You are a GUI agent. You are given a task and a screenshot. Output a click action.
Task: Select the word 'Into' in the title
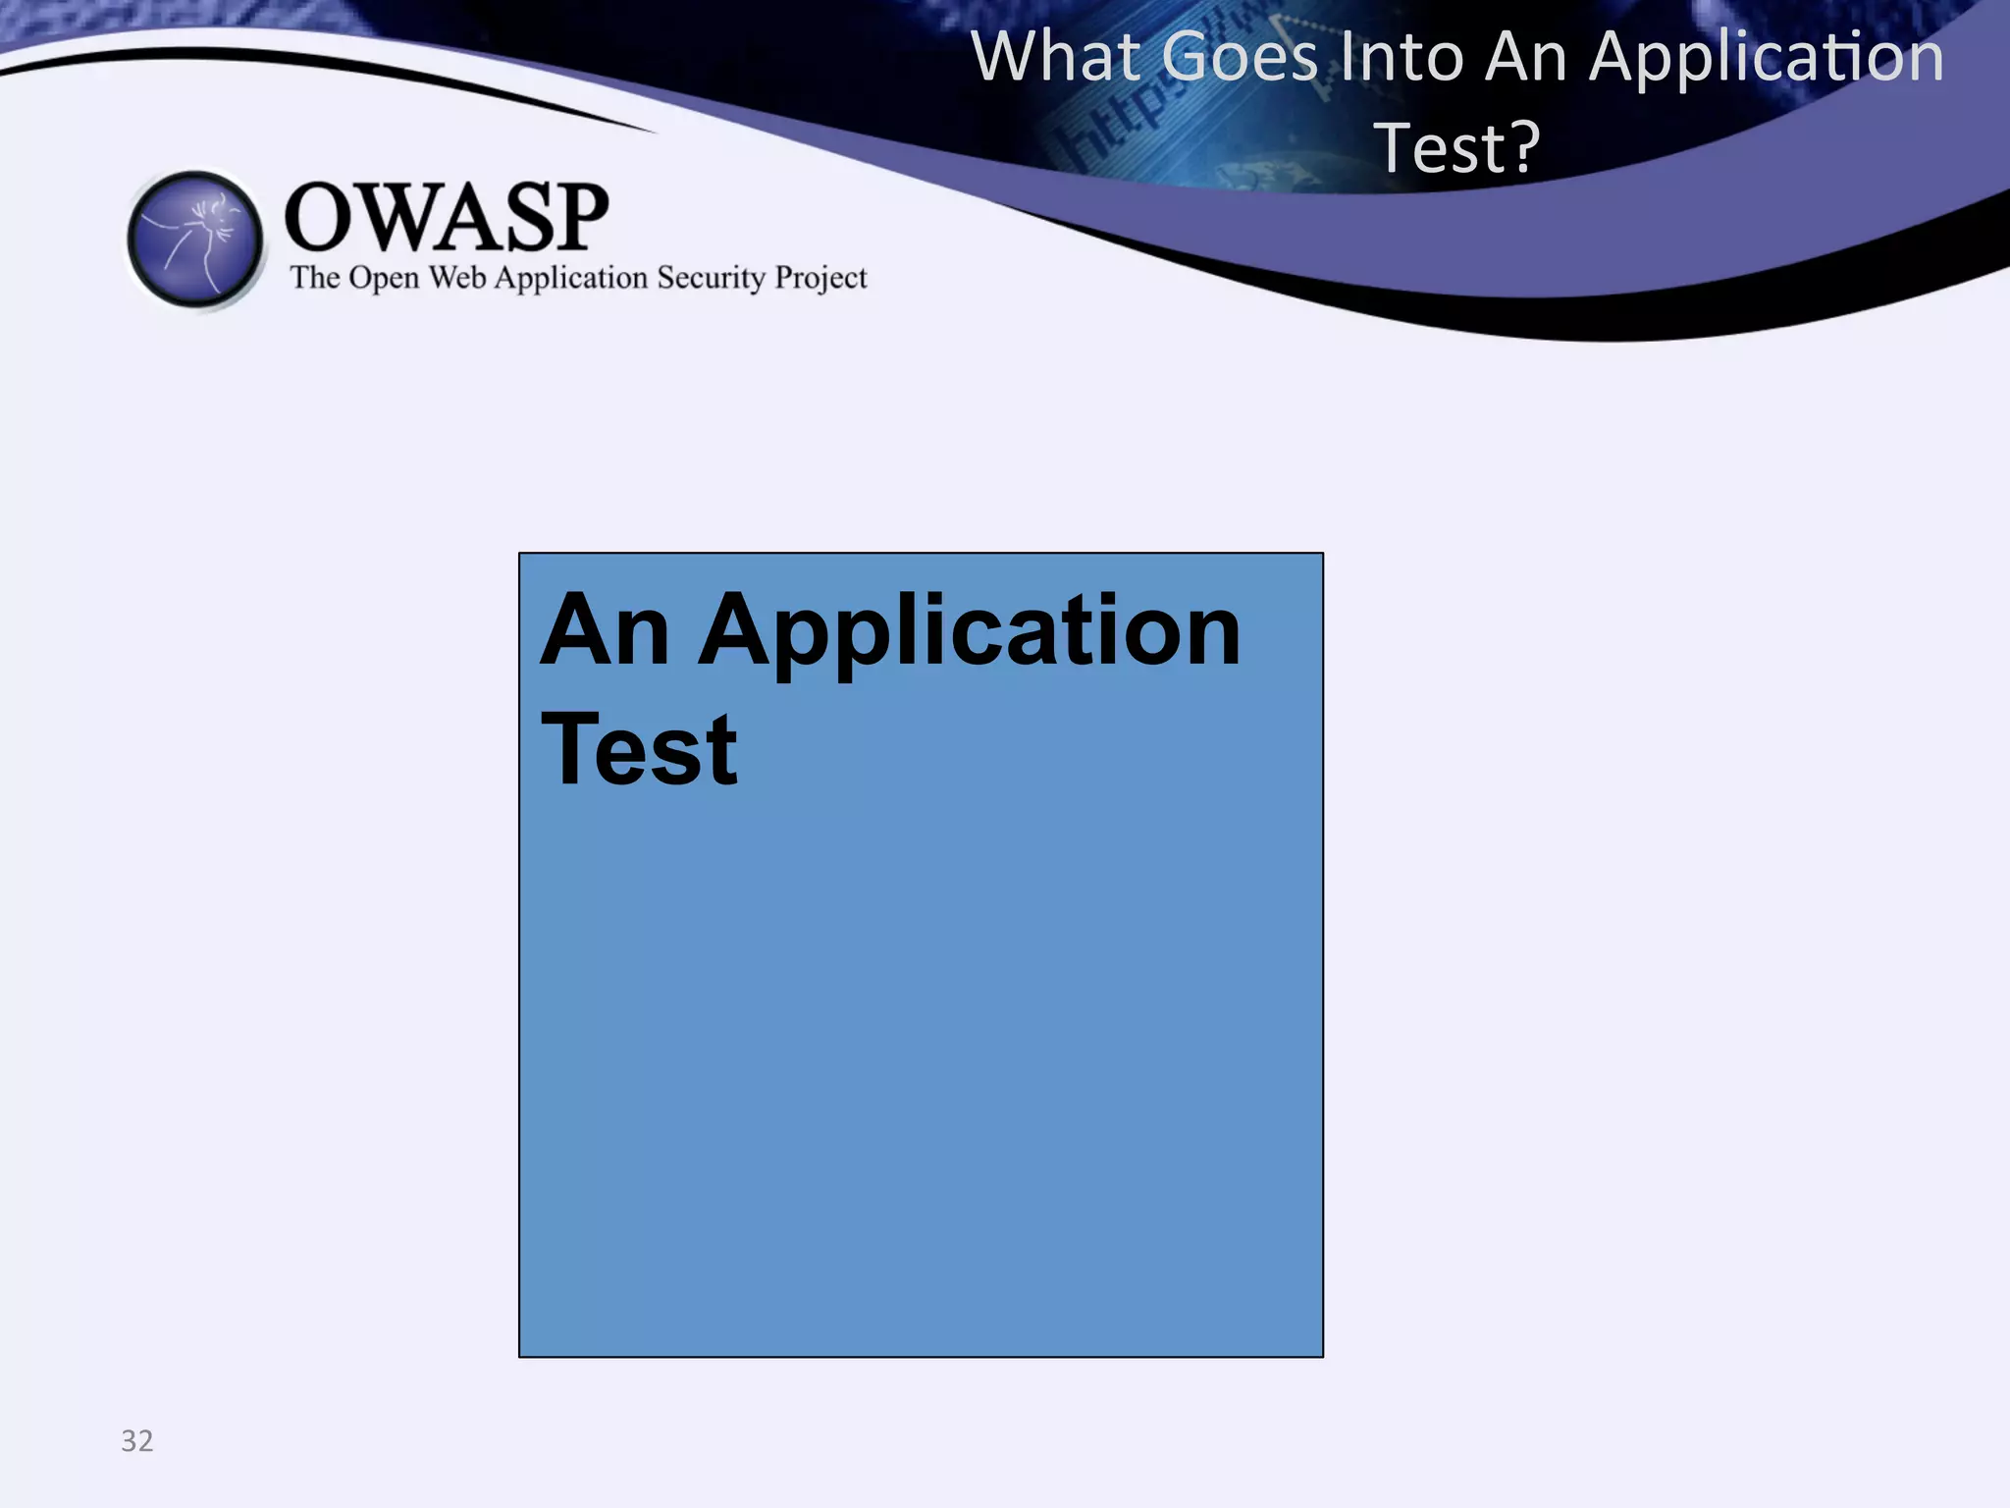click(x=1402, y=57)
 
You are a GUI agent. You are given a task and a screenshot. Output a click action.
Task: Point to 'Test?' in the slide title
click(x=1456, y=148)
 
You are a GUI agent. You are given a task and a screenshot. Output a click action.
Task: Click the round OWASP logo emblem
click(x=195, y=239)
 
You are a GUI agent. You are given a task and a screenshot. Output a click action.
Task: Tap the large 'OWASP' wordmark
click(x=447, y=217)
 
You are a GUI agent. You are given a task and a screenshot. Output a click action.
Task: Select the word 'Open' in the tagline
click(x=384, y=278)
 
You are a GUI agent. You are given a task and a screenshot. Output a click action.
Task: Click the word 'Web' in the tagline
click(x=457, y=278)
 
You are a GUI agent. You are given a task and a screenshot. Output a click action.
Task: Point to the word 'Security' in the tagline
click(x=711, y=278)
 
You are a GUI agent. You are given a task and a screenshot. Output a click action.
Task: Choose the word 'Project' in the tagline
click(x=820, y=279)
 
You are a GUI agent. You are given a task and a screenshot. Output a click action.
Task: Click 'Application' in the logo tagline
click(x=570, y=279)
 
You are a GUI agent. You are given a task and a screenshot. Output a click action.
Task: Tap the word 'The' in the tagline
click(x=314, y=278)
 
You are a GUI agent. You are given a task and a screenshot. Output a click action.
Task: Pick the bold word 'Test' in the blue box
click(x=639, y=750)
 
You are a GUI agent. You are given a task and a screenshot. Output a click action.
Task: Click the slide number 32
click(x=137, y=1440)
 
